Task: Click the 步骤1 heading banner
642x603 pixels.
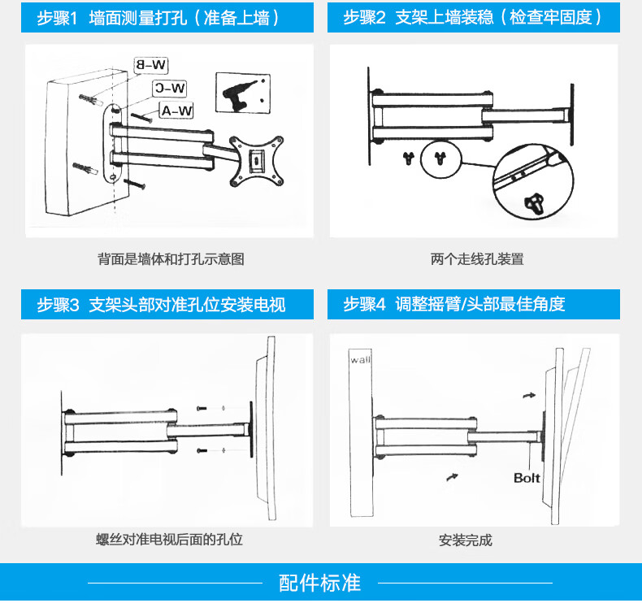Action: pyautogui.click(x=158, y=17)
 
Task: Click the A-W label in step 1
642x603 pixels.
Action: pyautogui.click(x=176, y=111)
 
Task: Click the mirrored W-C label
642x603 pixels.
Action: pyautogui.click(x=170, y=88)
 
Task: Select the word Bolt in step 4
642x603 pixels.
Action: pyautogui.click(x=527, y=478)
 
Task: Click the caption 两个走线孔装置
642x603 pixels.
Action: pyautogui.click(x=477, y=260)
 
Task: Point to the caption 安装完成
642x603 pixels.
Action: pyautogui.click(x=465, y=540)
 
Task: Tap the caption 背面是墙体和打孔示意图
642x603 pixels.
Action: pyautogui.click(x=171, y=260)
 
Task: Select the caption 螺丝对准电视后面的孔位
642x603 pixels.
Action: pyautogui.click(x=168, y=540)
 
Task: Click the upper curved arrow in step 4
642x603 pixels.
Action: pyautogui.click(x=529, y=394)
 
